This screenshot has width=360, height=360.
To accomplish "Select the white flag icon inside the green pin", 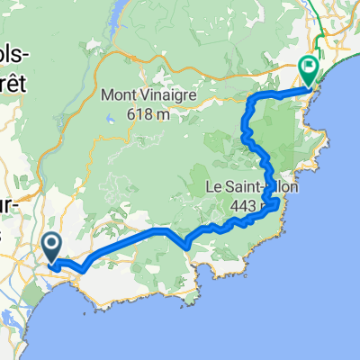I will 309,65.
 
